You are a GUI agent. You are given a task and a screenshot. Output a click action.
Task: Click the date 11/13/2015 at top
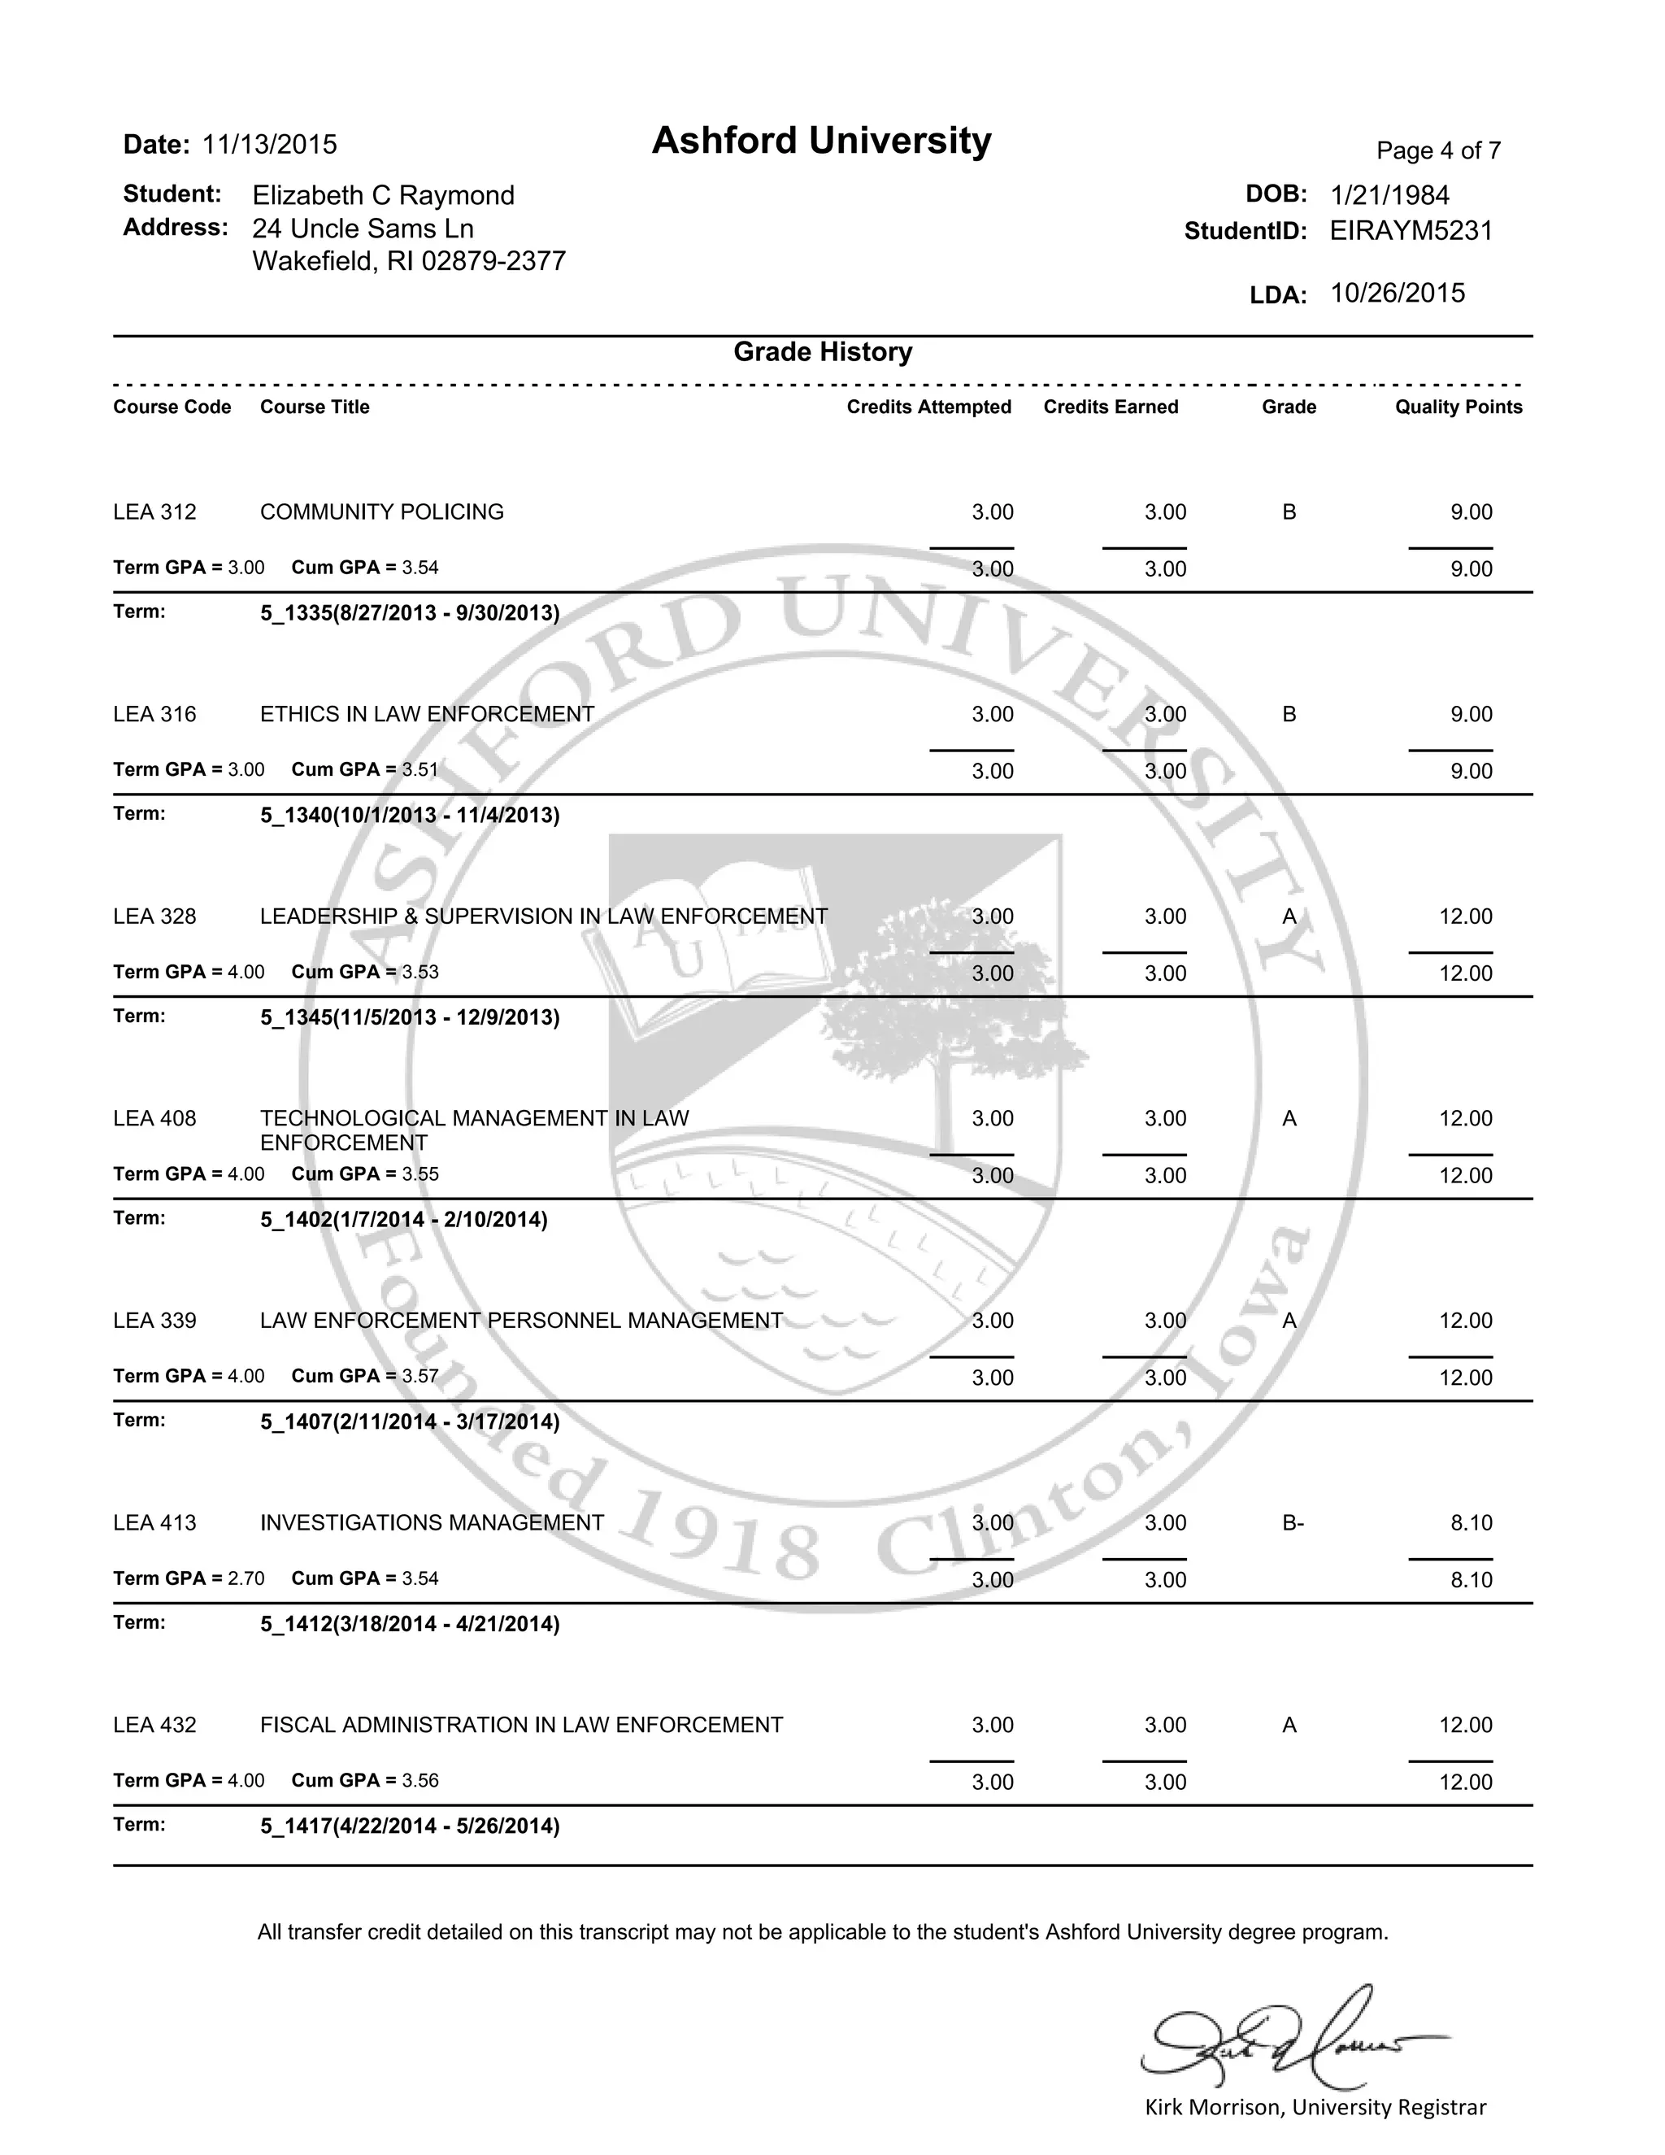(x=269, y=145)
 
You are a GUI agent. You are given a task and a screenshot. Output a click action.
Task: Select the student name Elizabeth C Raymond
(x=383, y=195)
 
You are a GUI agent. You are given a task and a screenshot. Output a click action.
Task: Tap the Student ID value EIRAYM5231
(x=1411, y=231)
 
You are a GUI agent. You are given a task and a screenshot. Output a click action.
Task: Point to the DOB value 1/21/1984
(x=1389, y=195)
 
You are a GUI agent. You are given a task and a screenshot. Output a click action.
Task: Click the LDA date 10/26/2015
(x=1397, y=293)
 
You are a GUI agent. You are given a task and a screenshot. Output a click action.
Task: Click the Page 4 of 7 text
(x=1438, y=151)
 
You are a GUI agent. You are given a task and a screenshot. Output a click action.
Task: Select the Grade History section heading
(x=823, y=352)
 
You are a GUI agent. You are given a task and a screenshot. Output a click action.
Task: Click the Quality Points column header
(x=1458, y=407)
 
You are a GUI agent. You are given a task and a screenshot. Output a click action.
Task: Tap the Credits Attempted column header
(x=928, y=407)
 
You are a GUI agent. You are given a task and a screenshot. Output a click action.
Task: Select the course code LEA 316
(x=154, y=714)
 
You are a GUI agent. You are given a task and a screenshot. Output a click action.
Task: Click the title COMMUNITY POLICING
(x=382, y=512)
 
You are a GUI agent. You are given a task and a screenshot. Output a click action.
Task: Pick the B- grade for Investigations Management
(x=1292, y=1523)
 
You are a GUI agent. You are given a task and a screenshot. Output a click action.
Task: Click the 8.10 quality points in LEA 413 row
(x=1471, y=1523)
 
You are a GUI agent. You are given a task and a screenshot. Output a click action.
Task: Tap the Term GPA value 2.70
(x=246, y=1578)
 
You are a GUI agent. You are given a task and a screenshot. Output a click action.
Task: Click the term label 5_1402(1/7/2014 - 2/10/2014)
(x=403, y=1220)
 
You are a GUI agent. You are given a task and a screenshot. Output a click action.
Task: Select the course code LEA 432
(x=154, y=1726)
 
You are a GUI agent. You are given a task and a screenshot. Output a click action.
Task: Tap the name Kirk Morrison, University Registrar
(x=1315, y=2108)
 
